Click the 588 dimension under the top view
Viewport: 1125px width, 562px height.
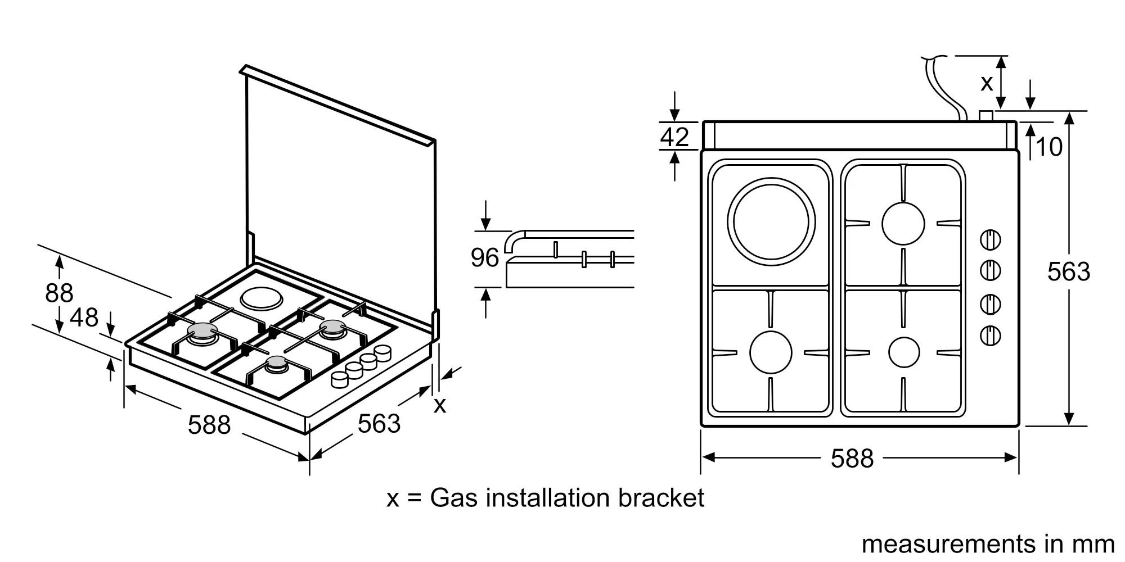(x=852, y=458)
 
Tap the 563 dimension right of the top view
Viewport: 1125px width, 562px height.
(x=1068, y=272)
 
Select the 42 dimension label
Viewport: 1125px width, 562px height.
(x=674, y=137)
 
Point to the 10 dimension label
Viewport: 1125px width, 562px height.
(x=1048, y=147)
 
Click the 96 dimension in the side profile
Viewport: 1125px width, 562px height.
(x=485, y=258)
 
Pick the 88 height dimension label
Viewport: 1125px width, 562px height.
(x=59, y=293)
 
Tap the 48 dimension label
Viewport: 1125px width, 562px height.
(x=84, y=318)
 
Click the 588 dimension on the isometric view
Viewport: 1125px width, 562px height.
(x=209, y=425)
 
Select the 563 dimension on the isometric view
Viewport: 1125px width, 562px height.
(x=379, y=424)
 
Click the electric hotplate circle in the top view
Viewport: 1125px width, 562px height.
(x=771, y=179)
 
